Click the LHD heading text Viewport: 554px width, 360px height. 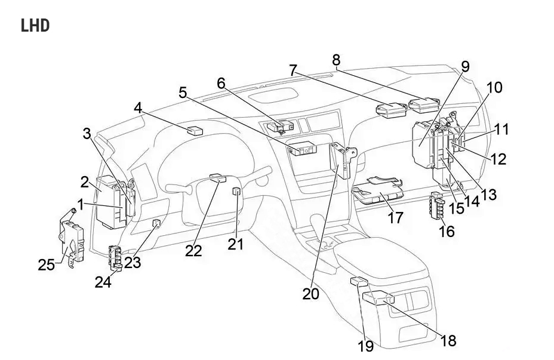pyautogui.click(x=35, y=26)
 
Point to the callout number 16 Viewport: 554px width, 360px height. pyautogui.click(x=447, y=230)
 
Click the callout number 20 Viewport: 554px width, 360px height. pyautogui.click(x=310, y=294)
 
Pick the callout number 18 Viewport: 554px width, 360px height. pyautogui.click(x=448, y=340)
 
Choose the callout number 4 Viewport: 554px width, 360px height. pyautogui.click(x=138, y=108)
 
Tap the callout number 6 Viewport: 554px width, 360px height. pyautogui.click(x=221, y=83)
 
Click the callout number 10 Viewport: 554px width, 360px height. pyautogui.click(x=494, y=88)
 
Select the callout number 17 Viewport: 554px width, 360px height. pyautogui.click(x=395, y=217)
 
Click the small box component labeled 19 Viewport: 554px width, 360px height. pyautogui.click(x=359, y=282)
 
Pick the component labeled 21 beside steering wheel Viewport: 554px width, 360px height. pyautogui.click(x=236, y=192)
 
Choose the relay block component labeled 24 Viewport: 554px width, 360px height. pyautogui.click(x=115, y=259)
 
